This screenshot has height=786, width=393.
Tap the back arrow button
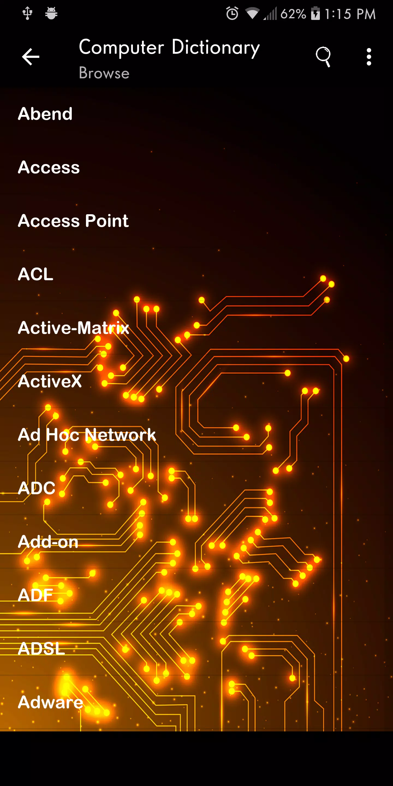coord(31,57)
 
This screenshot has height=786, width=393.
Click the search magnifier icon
coord(323,57)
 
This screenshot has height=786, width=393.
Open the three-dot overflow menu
coord(369,57)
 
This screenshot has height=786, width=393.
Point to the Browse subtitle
coord(104,73)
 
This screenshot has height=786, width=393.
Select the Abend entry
coord(45,114)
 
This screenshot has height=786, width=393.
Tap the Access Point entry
coord(73,221)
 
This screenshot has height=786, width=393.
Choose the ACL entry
coord(36,274)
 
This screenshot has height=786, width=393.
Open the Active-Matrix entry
coord(73,328)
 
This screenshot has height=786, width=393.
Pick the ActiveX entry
coord(50,381)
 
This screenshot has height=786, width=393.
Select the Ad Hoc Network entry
coord(87,434)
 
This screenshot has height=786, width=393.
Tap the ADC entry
coord(37,488)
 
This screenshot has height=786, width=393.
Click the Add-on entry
coord(48,541)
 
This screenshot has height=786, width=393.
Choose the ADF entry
coord(35,595)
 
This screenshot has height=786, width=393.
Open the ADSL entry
coord(41,648)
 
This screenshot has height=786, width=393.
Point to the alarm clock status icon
coord(232,13)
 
